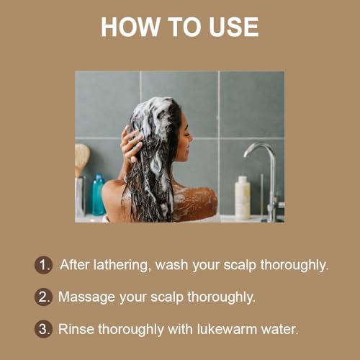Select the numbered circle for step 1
pyautogui.click(x=43, y=264)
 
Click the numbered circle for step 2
pyautogui.click(x=43, y=296)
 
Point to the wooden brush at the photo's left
pyautogui.click(x=81, y=158)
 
